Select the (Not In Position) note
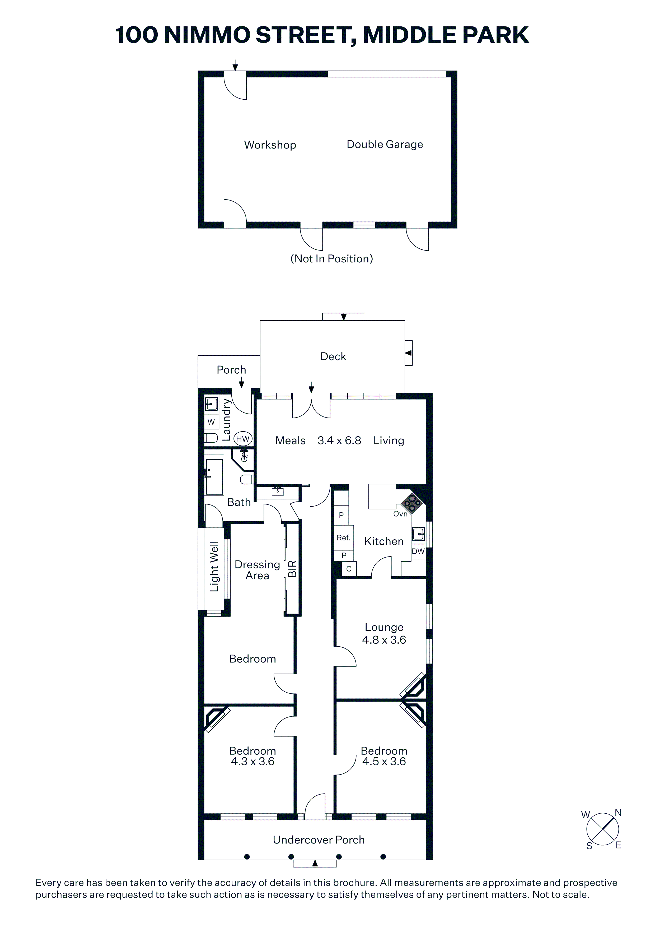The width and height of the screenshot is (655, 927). (332, 259)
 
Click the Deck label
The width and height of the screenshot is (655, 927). (333, 356)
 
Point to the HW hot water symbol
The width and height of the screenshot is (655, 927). (243, 439)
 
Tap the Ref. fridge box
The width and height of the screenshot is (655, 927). (343, 538)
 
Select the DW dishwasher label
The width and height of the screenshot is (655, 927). (418, 551)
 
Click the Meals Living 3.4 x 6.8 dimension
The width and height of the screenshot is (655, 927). (339, 441)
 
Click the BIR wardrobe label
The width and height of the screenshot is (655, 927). (292, 569)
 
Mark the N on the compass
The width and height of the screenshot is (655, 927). (618, 813)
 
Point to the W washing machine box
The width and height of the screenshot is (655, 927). (211, 422)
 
